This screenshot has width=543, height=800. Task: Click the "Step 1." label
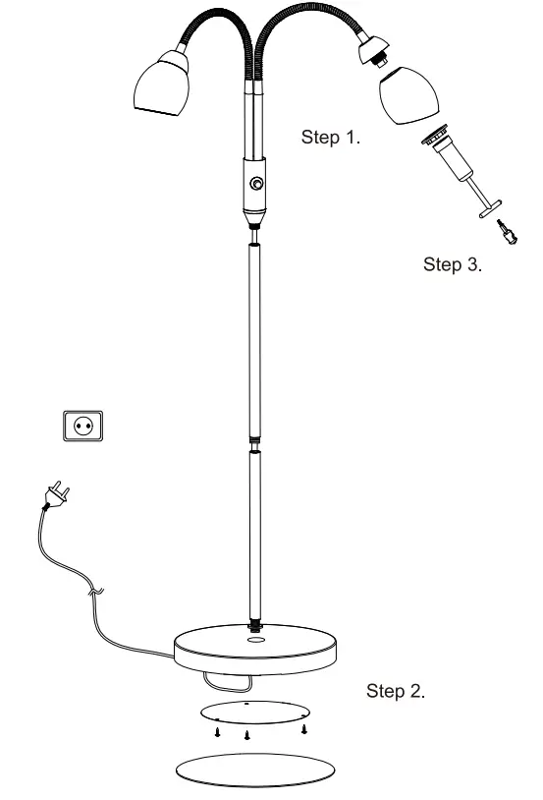coord(329,139)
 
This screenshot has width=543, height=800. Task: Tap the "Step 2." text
coord(396,691)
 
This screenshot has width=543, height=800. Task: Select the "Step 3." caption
coord(452,264)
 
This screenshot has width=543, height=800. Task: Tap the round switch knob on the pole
coord(256,183)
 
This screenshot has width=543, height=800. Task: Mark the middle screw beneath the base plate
coord(247,734)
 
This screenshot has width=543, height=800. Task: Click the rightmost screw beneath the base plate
coord(306,728)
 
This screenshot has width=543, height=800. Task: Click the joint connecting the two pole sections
coord(256,441)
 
